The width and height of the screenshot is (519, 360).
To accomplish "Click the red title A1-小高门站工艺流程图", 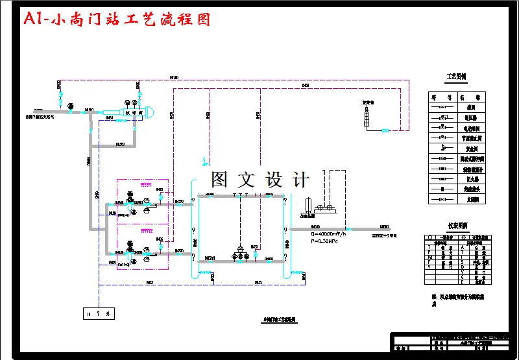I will coord(117,20).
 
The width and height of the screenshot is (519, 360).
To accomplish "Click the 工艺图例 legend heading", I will coord(456,77).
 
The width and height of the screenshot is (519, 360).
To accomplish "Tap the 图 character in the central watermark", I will coord(219,180).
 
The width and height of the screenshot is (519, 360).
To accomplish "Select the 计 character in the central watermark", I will coord(300,180).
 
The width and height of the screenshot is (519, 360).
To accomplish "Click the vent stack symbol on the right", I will coord(367,115).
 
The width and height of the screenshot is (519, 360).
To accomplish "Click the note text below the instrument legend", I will coord(457,299).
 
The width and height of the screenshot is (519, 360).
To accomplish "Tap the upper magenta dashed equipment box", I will coord(143,201).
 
